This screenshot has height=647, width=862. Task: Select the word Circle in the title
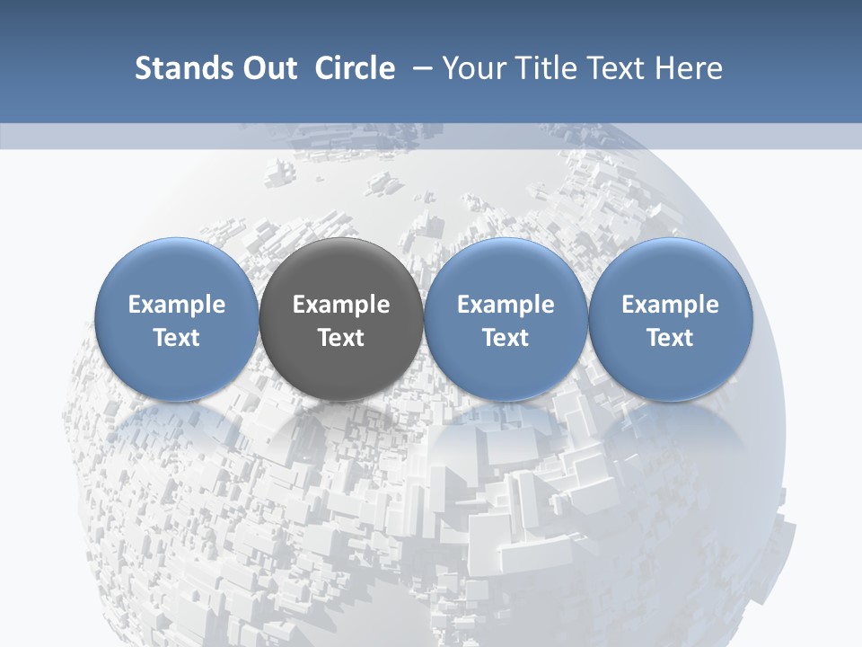click(355, 68)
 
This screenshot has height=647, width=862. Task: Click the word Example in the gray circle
click(341, 305)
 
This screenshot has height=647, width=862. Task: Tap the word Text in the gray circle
click(341, 338)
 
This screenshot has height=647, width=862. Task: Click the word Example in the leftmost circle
click(177, 305)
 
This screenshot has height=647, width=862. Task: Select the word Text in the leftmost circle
click(177, 338)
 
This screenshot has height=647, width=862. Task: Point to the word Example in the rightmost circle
click(670, 305)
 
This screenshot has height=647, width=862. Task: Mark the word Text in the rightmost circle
click(670, 338)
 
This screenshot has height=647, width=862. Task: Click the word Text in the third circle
click(506, 338)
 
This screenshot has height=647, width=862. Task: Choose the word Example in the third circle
click(506, 305)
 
